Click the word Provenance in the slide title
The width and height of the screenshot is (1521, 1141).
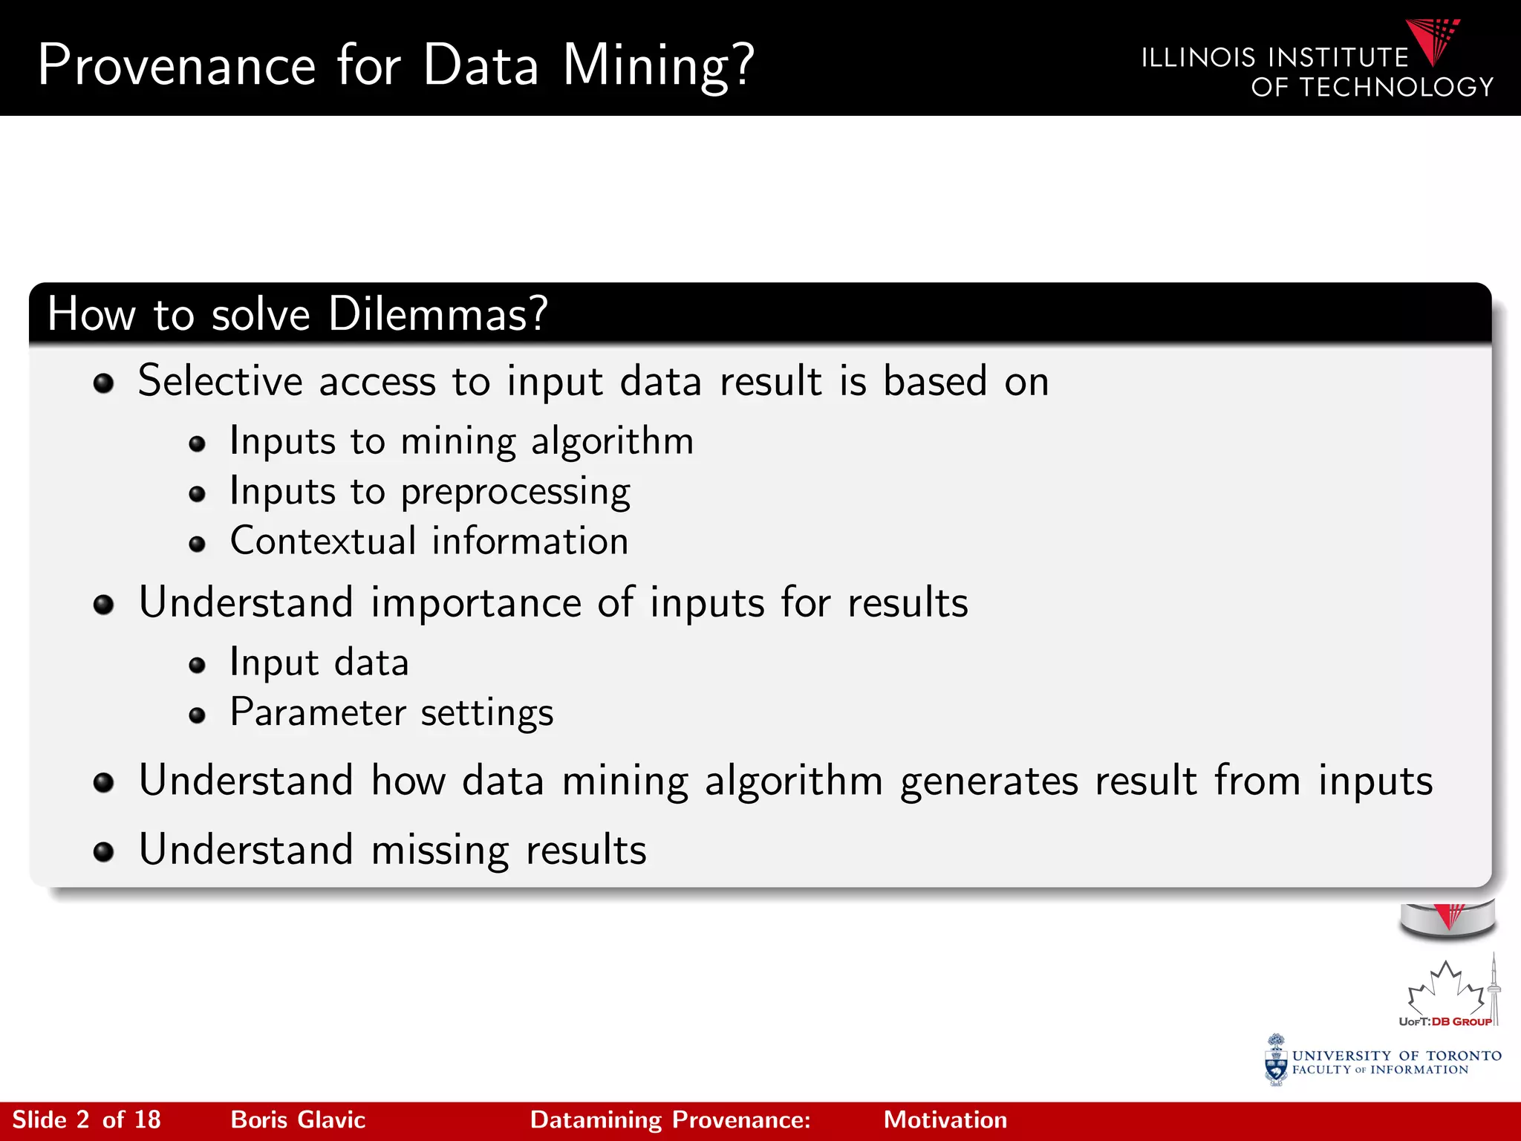click(x=177, y=65)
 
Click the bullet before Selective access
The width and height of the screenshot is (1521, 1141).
click(x=103, y=383)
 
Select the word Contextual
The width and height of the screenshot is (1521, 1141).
click(x=323, y=541)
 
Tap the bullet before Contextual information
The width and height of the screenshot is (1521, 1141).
click(x=197, y=545)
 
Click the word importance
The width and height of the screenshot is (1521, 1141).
click(x=475, y=602)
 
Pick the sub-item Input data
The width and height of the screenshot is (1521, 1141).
click(x=319, y=663)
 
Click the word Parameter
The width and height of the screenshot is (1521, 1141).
click(x=318, y=712)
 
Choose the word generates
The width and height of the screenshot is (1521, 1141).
click(x=989, y=781)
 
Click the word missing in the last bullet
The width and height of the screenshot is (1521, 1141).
click(x=440, y=851)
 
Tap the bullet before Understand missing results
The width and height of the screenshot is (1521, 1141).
click(x=103, y=852)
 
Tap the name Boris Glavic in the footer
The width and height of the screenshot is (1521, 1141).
click(x=298, y=1120)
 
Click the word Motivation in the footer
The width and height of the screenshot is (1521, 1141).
click(x=945, y=1120)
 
